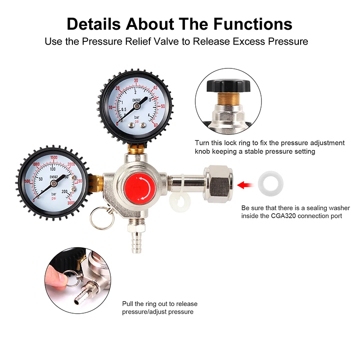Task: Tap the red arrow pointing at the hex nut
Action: click(244, 184)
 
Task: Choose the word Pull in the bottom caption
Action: click(128, 304)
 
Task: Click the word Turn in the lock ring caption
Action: click(202, 143)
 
